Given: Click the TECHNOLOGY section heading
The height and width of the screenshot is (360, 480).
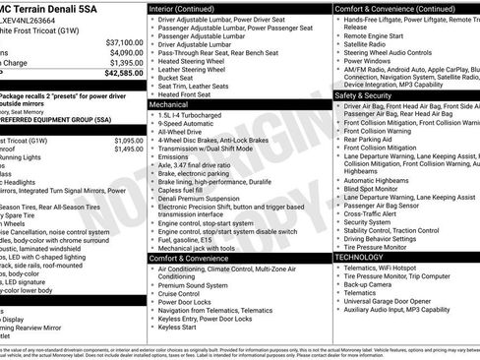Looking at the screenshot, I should click(359, 257).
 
